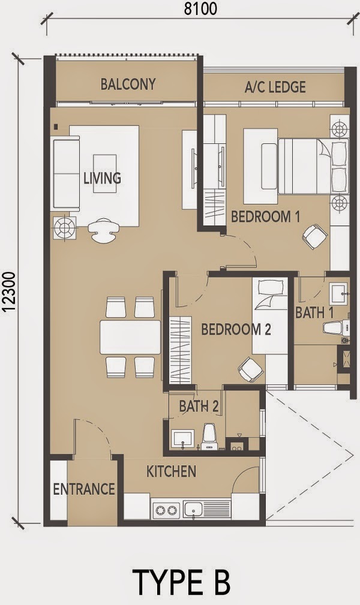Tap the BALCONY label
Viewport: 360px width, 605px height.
pyautogui.click(x=128, y=84)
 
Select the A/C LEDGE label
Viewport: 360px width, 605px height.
pyautogui.click(x=275, y=87)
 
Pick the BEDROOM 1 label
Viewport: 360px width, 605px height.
pyautogui.click(x=265, y=216)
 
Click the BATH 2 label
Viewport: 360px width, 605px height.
pyautogui.click(x=198, y=406)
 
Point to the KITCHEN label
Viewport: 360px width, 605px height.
pyautogui.click(x=171, y=471)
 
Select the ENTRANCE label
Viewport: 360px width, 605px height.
pyautogui.click(x=83, y=489)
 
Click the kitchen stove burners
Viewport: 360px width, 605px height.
pyautogui.click(x=166, y=510)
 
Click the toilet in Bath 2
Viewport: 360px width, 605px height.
pyautogui.click(x=209, y=437)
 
